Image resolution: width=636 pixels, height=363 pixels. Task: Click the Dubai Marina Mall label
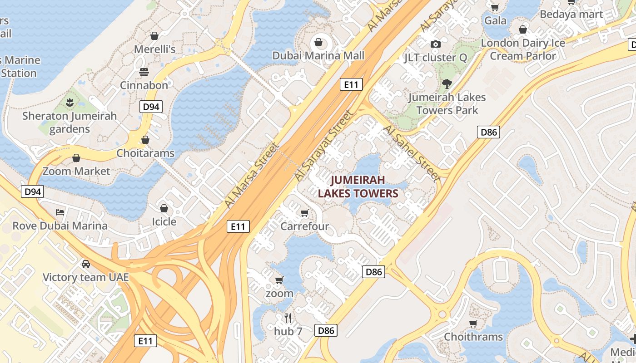tap(318, 55)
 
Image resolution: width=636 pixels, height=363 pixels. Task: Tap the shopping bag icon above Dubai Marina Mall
tap(318, 43)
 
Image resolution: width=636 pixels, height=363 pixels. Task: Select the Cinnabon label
tap(144, 85)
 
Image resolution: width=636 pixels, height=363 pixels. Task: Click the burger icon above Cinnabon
tap(144, 72)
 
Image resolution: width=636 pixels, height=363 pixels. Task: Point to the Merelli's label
tap(154, 49)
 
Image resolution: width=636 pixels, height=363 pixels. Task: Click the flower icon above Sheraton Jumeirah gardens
tap(70, 103)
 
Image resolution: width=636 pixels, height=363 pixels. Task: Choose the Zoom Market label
tap(76, 171)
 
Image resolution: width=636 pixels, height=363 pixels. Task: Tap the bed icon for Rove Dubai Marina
tap(60, 212)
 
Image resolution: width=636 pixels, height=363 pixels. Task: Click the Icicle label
tap(164, 221)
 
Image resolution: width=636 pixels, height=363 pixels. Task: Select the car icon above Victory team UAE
tap(85, 264)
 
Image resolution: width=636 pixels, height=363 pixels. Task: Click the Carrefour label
tap(304, 226)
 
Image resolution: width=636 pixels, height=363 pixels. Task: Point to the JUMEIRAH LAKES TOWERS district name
tap(358, 186)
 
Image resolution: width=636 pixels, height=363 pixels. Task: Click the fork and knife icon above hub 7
tap(288, 318)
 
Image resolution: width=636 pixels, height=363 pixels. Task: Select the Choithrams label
tap(473, 337)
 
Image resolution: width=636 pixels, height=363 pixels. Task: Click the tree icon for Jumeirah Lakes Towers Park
tap(447, 83)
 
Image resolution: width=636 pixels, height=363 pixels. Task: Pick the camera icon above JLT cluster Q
tap(435, 44)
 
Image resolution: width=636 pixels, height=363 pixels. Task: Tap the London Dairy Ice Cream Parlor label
tap(523, 49)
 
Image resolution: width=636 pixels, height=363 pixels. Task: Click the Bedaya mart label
tap(571, 14)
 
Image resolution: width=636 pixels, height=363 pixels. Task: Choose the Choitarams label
tap(145, 153)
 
